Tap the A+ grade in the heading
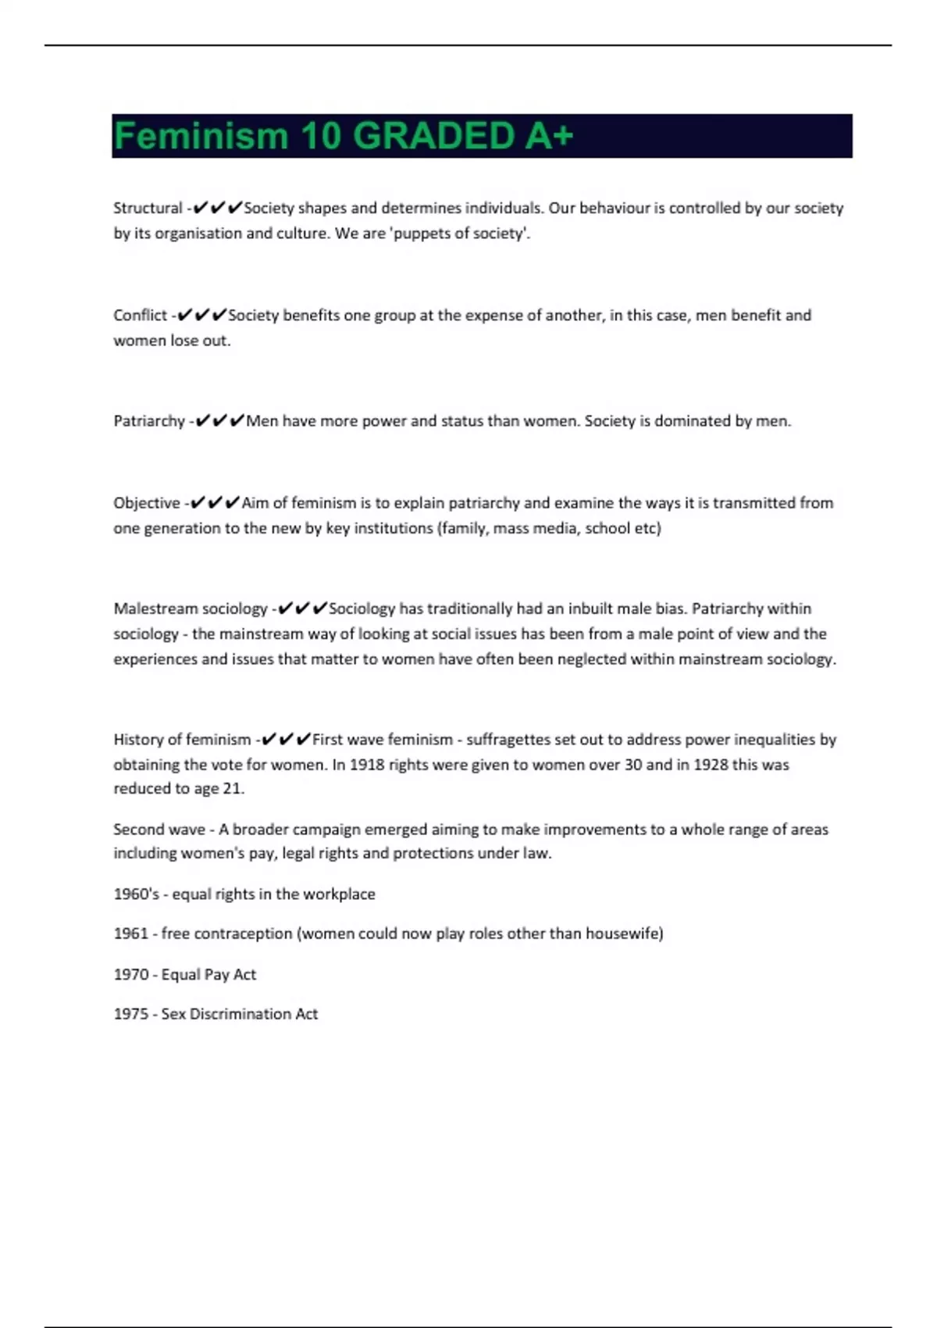click(549, 136)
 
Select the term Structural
click(148, 209)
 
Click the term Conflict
click(140, 316)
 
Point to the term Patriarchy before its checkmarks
click(149, 421)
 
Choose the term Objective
click(147, 503)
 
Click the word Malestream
click(151, 609)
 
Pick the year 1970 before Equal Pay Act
click(130, 975)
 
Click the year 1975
click(130, 1014)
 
